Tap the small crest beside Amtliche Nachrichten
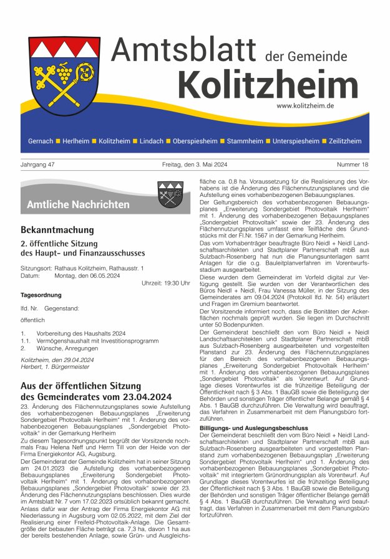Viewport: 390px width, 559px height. [x=170, y=194]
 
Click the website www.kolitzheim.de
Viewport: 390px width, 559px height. [x=305, y=106]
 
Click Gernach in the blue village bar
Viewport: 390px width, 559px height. [x=41, y=141]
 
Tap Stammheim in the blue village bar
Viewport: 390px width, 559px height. [x=245, y=141]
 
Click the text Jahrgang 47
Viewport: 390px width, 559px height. [x=38, y=165]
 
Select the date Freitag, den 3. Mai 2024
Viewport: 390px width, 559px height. [x=195, y=165]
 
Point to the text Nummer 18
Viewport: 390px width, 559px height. [x=353, y=165]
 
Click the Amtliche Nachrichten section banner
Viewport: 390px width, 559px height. [x=78, y=204]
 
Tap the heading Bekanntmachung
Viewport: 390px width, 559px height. [x=57, y=230]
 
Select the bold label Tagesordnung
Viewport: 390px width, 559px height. [x=41, y=295]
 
